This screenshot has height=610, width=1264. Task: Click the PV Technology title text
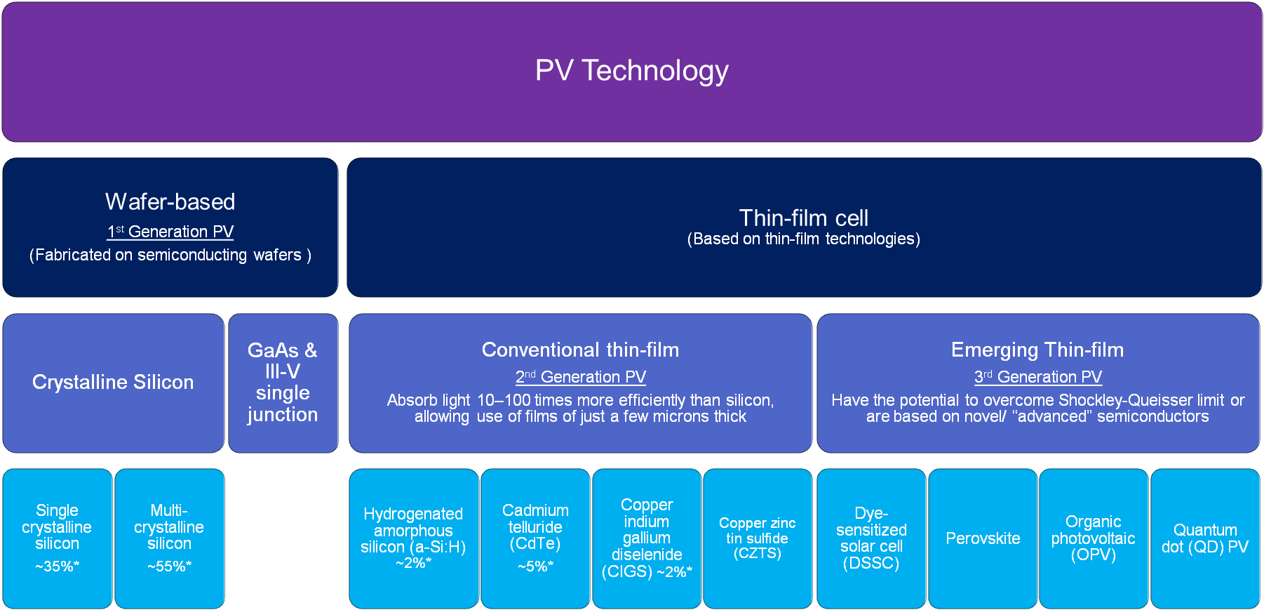[631, 71]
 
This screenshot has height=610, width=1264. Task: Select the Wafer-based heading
[170, 202]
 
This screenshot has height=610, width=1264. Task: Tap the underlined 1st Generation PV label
[170, 232]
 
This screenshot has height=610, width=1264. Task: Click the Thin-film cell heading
[804, 218]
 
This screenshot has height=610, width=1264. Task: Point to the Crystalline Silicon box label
[113, 382]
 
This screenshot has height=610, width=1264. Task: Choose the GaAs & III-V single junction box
[283, 383]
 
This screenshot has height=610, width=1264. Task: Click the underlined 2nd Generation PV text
[581, 377]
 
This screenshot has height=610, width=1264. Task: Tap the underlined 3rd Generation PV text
[1038, 377]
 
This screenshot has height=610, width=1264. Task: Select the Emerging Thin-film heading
[1037, 350]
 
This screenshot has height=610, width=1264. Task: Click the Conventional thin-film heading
[581, 350]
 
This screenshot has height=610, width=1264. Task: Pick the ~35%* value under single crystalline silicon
[58, 566]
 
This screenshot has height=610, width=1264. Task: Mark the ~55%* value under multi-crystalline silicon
[169, 566]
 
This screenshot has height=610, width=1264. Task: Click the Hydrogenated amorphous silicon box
[413, 538]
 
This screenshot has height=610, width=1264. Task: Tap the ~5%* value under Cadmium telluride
[536, 566]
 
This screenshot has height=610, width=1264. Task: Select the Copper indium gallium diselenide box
[647, 538]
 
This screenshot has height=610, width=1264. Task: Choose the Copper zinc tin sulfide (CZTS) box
[758, 538]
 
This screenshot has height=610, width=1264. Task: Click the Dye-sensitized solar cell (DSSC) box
[871, 538]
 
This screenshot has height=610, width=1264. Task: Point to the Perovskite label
[983, 538]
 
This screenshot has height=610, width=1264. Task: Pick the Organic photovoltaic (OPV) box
[1093, 538]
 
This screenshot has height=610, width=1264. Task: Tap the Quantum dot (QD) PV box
[1205, 538]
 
